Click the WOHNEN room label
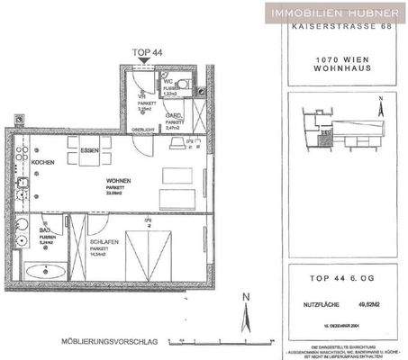(x=119, y=181)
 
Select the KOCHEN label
(x=43, y=161)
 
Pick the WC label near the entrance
(x=168, y=85)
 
